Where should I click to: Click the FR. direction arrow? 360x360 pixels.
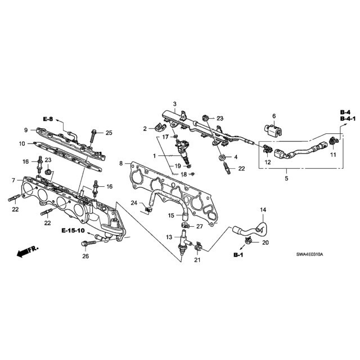[x=28, y=251]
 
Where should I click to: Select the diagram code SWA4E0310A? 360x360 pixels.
[x=309, y=254]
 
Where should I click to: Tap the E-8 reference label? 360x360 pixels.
[x=48, y=119]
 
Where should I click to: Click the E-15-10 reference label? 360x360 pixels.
[x=73, y=230]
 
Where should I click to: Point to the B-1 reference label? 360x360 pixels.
[x=238, y=255]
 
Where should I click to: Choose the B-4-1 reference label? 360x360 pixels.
[x=348, y=119]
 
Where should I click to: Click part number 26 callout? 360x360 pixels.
[x=85, y=256]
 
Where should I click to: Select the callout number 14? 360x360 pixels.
[x=263, y=210]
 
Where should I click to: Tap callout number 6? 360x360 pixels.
[x=274, y=116]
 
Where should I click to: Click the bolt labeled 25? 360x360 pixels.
[x=93, y=138]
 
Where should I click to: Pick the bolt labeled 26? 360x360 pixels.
[x=89, y=242]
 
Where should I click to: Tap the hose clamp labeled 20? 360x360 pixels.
[x=248, y=241]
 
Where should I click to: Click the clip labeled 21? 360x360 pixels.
[x=198, y=247]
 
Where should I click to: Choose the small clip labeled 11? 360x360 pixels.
[x=334, y=141]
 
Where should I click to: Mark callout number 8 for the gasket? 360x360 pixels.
[x=121, y=164]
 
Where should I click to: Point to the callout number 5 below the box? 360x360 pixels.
[x=286, y=178]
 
